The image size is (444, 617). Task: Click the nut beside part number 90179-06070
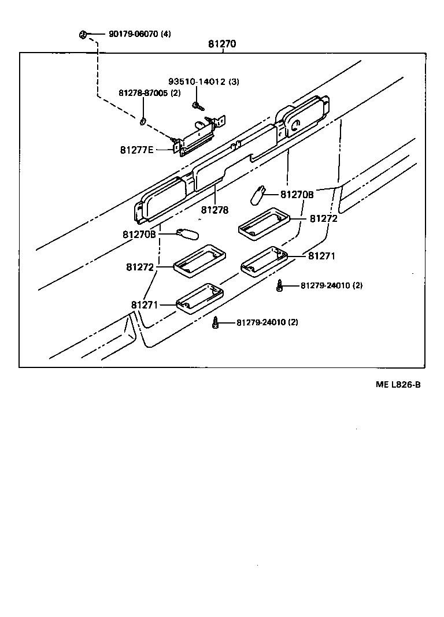[83, 35]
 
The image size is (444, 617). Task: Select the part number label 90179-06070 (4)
[139, 34]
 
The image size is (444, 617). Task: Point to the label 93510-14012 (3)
[203, 81]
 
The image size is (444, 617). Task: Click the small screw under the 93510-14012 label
[198, 106]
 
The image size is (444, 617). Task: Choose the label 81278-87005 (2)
[150, 93]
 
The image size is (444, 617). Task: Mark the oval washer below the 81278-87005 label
[143, 121]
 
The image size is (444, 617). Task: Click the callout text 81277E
[137, 150]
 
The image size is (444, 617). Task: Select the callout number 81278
[215, 210]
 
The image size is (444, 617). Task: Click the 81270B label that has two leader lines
[297, 194]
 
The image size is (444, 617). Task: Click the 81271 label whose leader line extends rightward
[143, 304]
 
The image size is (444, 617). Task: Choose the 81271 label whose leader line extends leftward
[321, 255]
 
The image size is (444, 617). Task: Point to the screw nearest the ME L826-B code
[279, 286]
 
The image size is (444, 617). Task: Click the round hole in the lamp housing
[295, 122]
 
